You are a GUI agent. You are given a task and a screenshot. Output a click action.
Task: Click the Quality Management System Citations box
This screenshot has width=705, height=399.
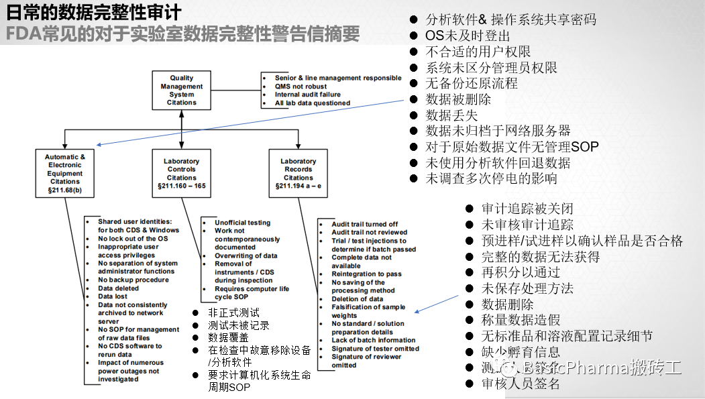click(x=181, y=91)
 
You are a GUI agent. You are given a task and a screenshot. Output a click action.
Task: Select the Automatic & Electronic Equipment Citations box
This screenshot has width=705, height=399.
click(x=65, y=173)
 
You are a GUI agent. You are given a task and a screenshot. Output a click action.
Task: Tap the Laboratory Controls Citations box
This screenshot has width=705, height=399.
click(x=181, y=174)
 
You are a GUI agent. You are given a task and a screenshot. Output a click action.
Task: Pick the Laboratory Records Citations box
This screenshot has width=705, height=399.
click(x=298, y=174)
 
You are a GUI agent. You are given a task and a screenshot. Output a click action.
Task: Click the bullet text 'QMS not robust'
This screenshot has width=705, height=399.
click(x=301, y=87)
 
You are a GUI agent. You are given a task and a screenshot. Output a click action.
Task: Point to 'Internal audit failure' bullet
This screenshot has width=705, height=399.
click(x=307, y=95)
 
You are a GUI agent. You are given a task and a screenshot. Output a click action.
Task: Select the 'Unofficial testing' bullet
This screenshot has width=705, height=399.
click(x=242, y=223)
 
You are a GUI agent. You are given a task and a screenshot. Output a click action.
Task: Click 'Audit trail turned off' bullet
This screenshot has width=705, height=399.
click(x=364, y=225)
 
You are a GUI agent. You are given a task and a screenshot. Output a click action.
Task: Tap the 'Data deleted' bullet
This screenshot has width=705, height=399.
click(x=118, y=288)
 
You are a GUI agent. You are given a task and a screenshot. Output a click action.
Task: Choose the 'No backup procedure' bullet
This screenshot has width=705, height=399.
click(x=133, y=280)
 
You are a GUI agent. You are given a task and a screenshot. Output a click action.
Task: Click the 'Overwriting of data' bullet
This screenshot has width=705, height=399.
click(x=246, y=255)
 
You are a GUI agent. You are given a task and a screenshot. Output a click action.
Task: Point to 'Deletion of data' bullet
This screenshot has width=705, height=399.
click(x=357, y=299)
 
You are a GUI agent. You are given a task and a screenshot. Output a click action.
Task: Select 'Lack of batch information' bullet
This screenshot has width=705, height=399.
click(x=373, y=340)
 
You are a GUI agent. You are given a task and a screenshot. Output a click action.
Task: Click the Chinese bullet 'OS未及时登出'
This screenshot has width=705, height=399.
click(x=468, y=36)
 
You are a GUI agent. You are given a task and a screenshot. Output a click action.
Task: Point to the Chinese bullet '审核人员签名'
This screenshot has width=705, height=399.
click(x=521, y=384)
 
